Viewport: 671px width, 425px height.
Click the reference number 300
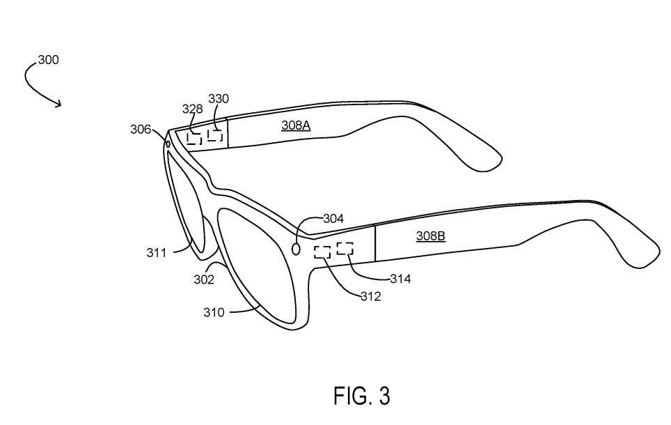(48, 60)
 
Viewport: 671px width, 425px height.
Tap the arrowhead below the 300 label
(58, 105)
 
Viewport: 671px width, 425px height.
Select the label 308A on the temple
(295, 125)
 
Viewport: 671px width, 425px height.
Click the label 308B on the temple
(430, 236)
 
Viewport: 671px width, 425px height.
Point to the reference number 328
(192, 109)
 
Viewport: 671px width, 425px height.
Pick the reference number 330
(219, 99)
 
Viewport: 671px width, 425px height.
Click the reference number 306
(141, 129)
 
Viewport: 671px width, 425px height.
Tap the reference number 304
(333, 219)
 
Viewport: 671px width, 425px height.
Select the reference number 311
(157, 253)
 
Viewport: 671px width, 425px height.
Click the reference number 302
(204, 279)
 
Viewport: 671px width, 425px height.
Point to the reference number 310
(214, 313)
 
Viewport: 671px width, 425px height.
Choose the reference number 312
(370, 296)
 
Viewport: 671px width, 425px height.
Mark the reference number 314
(400, 279)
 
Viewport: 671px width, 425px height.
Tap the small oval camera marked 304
(296, 248)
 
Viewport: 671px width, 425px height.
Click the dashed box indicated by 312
(322, 252)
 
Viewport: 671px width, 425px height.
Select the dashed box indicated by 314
(345, 247)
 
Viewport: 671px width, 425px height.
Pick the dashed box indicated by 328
(194, 138)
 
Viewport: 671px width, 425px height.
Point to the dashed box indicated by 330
(215, 134)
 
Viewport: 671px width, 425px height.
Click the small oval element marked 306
(168, 144)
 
